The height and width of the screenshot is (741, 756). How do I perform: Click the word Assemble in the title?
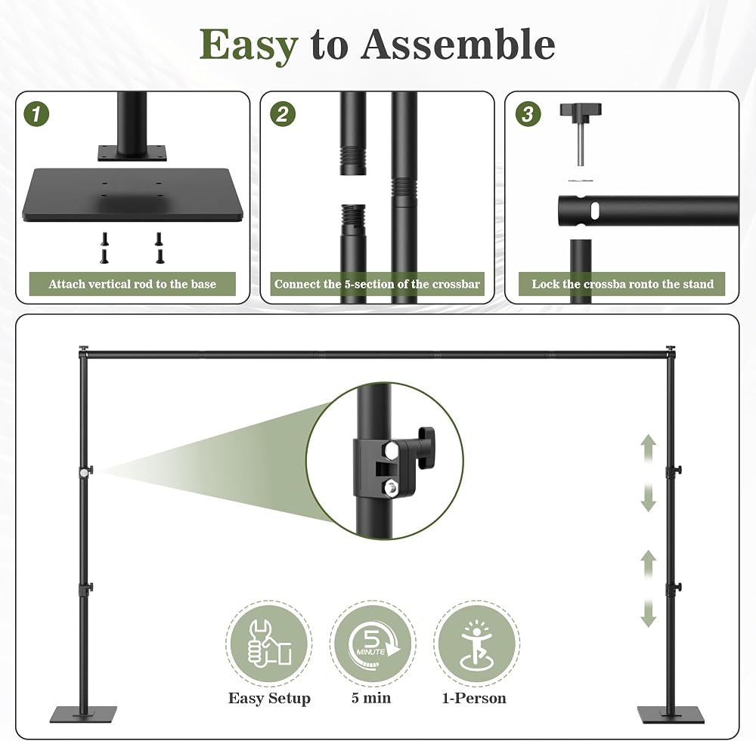coord(458,45)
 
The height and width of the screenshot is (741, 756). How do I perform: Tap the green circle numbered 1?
coord(36,114)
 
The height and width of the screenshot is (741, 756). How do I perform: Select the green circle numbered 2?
coord(283,114)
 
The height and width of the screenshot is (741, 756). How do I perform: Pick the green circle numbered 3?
coord(528,114)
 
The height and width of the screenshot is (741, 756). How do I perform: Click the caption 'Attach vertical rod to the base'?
coord(132,284)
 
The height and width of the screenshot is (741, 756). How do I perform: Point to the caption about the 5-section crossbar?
coord(377,284)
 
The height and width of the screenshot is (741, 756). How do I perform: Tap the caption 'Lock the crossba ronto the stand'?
coord(622,284)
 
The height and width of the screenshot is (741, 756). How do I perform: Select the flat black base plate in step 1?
coord(132,195)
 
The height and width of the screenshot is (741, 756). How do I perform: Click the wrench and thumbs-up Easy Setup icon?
coord(269,644)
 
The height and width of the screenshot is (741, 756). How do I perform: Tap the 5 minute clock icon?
coord(373,644)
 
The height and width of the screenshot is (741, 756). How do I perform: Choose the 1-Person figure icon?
coord(476,644)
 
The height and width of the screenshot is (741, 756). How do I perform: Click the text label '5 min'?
coord(371,698)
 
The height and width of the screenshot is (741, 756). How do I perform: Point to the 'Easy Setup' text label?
coord(269,699)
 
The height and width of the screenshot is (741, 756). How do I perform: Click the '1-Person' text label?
coord(474,698)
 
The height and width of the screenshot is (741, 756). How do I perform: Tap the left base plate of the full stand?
coord(83,715)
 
